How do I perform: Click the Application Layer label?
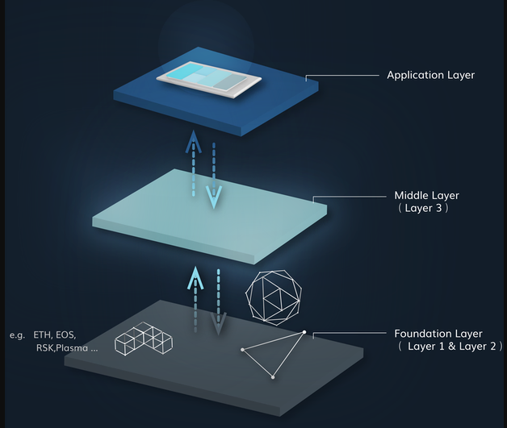(x=430, y=75)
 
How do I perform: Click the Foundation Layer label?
(x=438, y=333)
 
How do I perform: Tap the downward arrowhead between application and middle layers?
(x=214, y=196)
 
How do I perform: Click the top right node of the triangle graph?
(x=304, y=332)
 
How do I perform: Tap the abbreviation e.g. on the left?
(x=17, y=334)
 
